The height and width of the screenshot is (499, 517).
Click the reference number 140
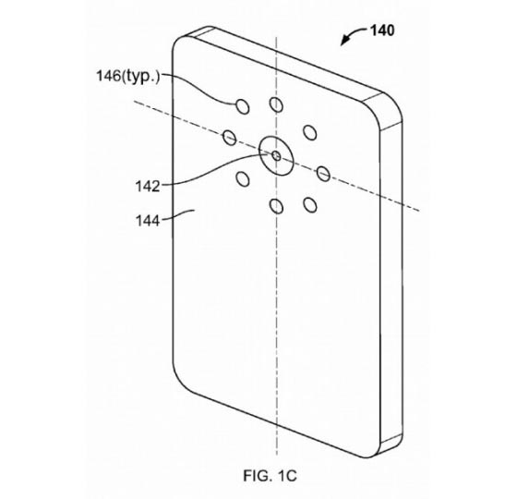[382, 30]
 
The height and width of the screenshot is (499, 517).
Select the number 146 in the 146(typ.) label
[109, 76]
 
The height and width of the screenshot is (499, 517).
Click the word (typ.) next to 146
[140, 77]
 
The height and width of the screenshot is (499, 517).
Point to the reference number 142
[148, 187]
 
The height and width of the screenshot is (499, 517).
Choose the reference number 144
[148, 221]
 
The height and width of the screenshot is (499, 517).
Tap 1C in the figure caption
[287, 476]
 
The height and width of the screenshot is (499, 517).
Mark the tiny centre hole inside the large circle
[276, 156]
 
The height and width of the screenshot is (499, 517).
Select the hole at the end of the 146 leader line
[243, 106]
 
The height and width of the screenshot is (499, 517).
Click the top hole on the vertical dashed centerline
[276, 104]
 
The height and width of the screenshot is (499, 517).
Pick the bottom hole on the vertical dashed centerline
[276, 206]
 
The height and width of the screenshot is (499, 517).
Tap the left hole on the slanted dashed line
[230, 137]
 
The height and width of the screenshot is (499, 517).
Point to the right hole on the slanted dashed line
[323, 174]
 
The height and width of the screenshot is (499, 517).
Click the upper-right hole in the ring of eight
[310, 132]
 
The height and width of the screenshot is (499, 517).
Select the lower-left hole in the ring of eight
[243, 179]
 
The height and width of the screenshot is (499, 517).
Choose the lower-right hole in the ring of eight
[310, 204]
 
